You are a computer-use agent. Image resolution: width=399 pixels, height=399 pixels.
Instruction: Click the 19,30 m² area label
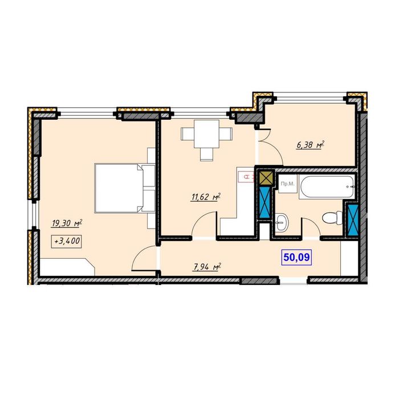[67, 223]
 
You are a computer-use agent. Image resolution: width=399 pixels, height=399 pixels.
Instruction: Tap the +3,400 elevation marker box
[67, 241]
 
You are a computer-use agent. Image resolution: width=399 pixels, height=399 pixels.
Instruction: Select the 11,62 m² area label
[205, 197]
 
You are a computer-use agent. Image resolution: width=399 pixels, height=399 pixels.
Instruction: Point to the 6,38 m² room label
[311, 145]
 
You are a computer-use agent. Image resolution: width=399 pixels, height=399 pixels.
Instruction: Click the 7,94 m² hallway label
[206, 267]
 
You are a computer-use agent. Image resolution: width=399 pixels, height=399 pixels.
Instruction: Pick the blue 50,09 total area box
[296, 257]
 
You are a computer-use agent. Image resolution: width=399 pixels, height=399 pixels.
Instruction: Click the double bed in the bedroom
[125, 188]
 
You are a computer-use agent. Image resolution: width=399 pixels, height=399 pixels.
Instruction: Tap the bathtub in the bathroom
[327, 186]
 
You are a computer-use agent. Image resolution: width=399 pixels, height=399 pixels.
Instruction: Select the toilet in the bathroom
[332, 218]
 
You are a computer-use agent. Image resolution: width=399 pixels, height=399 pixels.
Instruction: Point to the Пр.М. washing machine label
[287, 184]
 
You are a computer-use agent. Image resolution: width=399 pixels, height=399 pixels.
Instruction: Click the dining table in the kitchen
[206, 134]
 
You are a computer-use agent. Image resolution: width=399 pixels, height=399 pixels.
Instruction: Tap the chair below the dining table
[206, 154]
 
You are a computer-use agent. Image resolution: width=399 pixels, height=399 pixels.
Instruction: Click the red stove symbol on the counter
[246, 177]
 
